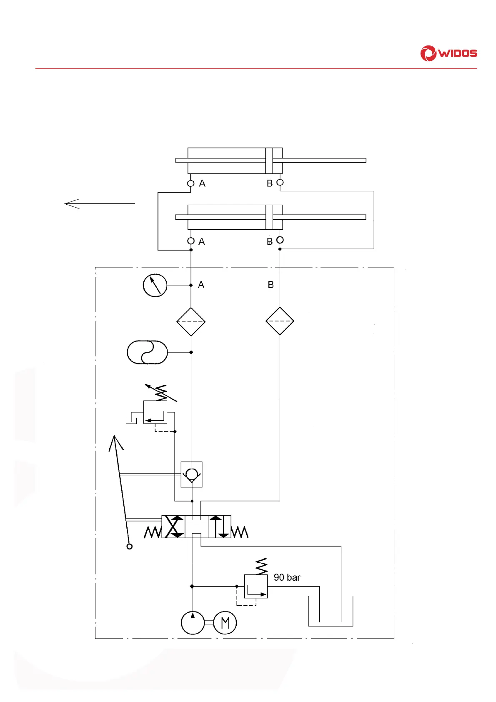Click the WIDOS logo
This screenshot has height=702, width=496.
(x=448, y=53)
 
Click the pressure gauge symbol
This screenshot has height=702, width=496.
(x=155, y=285)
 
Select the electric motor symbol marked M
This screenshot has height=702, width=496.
(x=225, y=623)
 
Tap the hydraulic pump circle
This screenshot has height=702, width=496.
(x=193, y=623)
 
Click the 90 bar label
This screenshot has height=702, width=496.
(x=287, y=577)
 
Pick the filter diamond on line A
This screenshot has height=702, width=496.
(x=191, y=322)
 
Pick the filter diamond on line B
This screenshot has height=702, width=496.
(x=280, y=321)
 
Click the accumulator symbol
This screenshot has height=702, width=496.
(x=147, y=352)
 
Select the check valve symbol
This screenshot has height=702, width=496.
(x=191, y=474)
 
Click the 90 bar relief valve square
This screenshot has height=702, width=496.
(x=256, y=587)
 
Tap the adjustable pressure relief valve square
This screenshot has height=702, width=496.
(x=155, y=412)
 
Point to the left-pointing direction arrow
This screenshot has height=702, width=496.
(x=100, y=204)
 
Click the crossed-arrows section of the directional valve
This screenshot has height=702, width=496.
(x=173, y=526)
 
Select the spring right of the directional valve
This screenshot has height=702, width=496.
(x=240, y=532)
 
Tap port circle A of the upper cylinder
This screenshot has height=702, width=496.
(x=191, y=183)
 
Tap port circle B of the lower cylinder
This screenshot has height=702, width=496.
(x=280, y=240)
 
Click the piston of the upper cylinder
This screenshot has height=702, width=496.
(x=269, y=160)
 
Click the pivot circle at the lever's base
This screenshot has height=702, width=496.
(x=130, y=547)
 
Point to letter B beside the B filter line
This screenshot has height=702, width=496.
(x=271, y=285)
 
